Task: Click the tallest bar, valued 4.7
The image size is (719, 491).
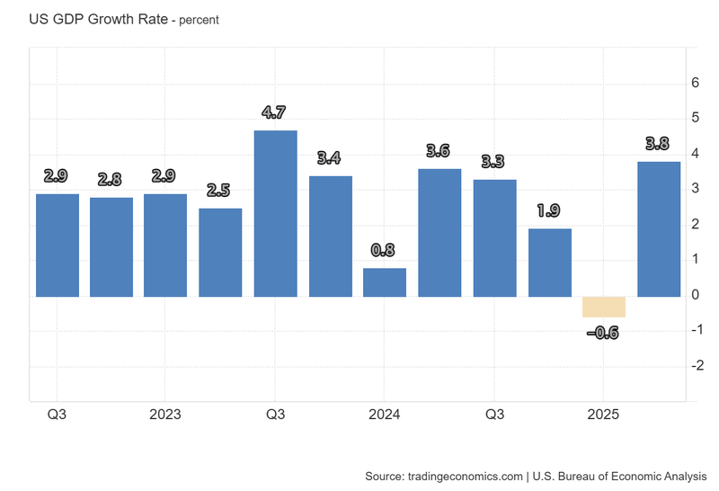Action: pyautogui.click(x=275, y=213)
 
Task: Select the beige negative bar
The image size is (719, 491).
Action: pyautogui.click(x=604, y=307)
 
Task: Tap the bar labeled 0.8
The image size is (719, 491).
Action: pyautogui.click(x=385, y=282)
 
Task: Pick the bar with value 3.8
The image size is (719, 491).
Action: pyautogui.click(x=659, y=228)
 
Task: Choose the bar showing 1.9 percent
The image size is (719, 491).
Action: pyautogui.click(x=549, y=263)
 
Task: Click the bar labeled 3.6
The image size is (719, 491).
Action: pyautogui.click(x=439, y=232)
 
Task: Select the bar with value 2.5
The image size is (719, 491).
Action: pyautogui.click(x=220, y=252)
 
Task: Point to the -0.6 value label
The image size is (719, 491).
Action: pyautogui.click(x=602, y=334)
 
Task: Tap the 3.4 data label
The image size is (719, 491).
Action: pyautogui.click(x=329, y=158)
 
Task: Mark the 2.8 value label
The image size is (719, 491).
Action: pyautogui.click(x=111, y=180)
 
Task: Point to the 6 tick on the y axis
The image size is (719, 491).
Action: pyautogui.click(x=695, y=83)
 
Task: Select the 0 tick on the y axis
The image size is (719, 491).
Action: pyautogui.click(x=695, y=295)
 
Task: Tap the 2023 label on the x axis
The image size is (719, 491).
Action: pyautogui.click(x=165, y=415)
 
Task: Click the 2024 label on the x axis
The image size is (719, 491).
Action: pyautogui.click(x=385, y=415)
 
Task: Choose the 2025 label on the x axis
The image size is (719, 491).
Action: pyautogui.click(x=603, y=415)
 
